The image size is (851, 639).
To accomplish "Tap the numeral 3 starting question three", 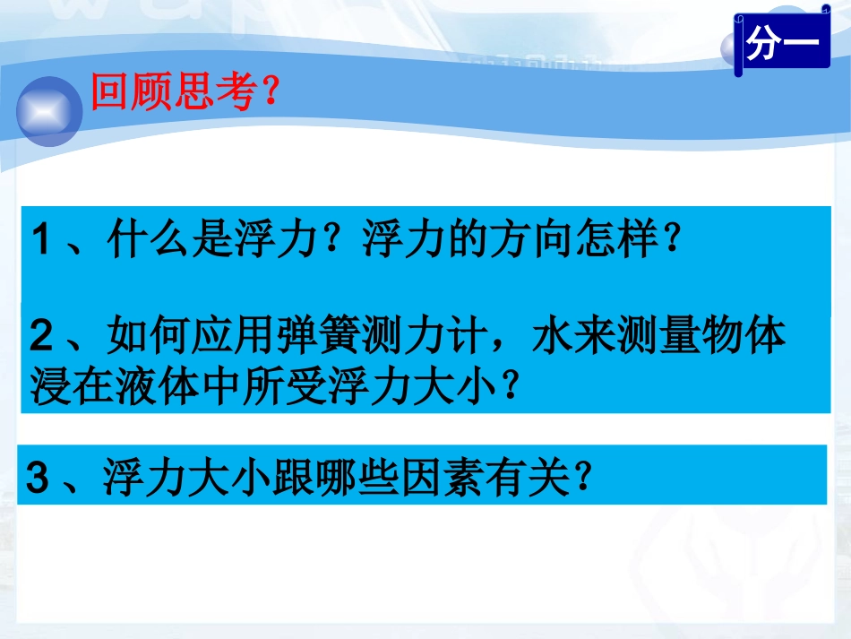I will (37, 478).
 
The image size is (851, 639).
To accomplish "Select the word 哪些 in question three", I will (362, 478).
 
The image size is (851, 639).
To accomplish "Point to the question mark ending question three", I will (582, 479).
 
